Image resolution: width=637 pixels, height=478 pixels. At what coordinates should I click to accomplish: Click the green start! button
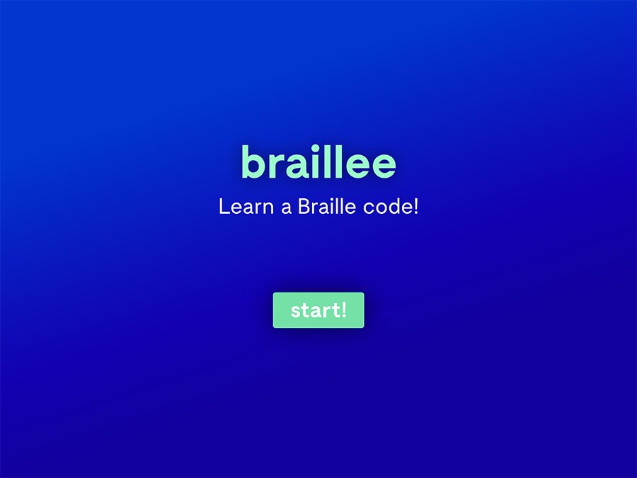click(x=318, y=310)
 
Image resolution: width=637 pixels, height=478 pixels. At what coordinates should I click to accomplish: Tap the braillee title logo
click(x=318, y=162)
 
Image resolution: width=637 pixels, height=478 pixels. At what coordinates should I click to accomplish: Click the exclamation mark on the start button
click(x=344, y=309)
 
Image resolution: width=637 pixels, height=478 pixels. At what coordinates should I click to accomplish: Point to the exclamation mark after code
click(x=415, y=207)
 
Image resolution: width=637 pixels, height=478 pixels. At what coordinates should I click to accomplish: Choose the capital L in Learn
click(x=224, y=207)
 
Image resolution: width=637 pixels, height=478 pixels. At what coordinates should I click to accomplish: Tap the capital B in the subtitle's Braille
click(x=304, y=207)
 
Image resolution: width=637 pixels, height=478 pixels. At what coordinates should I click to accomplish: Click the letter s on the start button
click(x=295, y=312)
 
